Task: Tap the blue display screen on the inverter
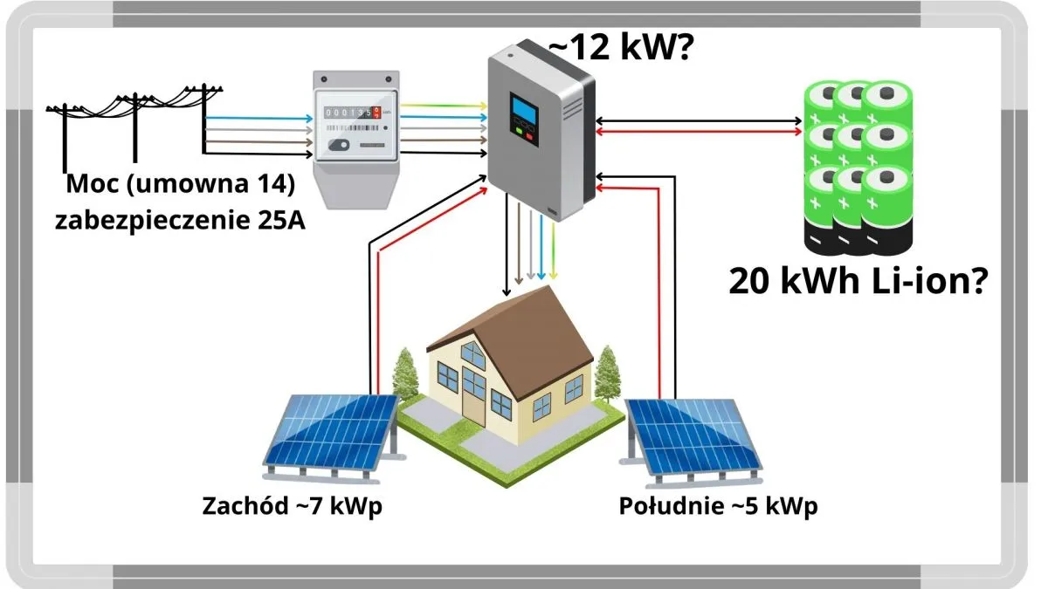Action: [523, 111]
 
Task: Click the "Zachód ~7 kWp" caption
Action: [293, 506]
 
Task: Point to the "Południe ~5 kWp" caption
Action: [718, 506]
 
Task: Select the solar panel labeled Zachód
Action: [332, 432]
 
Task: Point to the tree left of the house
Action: [404, 375]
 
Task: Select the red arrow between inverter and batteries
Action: [699, 132]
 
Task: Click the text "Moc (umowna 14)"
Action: [179, 185]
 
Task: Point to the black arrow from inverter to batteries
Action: [699, 120]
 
